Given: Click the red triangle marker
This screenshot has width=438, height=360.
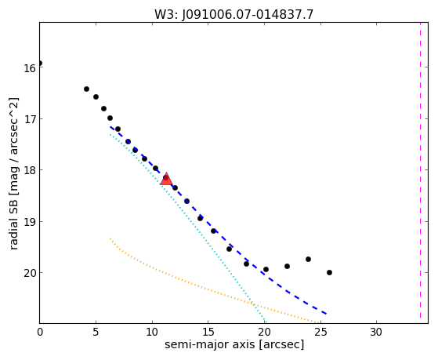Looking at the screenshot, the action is [166, 180].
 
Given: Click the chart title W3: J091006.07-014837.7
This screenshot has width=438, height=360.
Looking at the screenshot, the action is [233, 14].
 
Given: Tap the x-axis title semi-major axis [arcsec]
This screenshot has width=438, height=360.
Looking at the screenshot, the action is [234, 344].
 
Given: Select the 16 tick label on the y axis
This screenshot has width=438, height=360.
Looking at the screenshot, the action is [29, 68].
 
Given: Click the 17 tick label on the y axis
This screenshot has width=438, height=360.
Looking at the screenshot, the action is [29, 119].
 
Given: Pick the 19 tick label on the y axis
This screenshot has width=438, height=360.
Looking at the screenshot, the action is [29, 221].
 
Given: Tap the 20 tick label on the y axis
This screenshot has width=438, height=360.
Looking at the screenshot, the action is [29, 273].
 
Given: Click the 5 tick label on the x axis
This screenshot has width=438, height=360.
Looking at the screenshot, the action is [96, 332].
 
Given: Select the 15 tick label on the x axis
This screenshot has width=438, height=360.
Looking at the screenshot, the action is [208, 332].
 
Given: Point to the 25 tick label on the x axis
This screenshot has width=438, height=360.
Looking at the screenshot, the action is [320, 332].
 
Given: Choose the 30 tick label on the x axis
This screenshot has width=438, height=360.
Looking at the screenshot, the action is [376, 332].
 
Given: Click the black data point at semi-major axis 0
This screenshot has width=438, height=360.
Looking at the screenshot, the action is [40, 64].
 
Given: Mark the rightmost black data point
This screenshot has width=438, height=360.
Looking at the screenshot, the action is [329, 272].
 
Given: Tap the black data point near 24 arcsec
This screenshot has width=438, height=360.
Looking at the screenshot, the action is [308, 260].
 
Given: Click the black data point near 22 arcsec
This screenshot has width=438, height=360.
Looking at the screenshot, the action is [287, 267].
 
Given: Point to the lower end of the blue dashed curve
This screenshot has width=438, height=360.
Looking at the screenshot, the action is [326, 314].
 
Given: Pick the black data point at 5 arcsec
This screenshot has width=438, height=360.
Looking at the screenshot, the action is [96, 96].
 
